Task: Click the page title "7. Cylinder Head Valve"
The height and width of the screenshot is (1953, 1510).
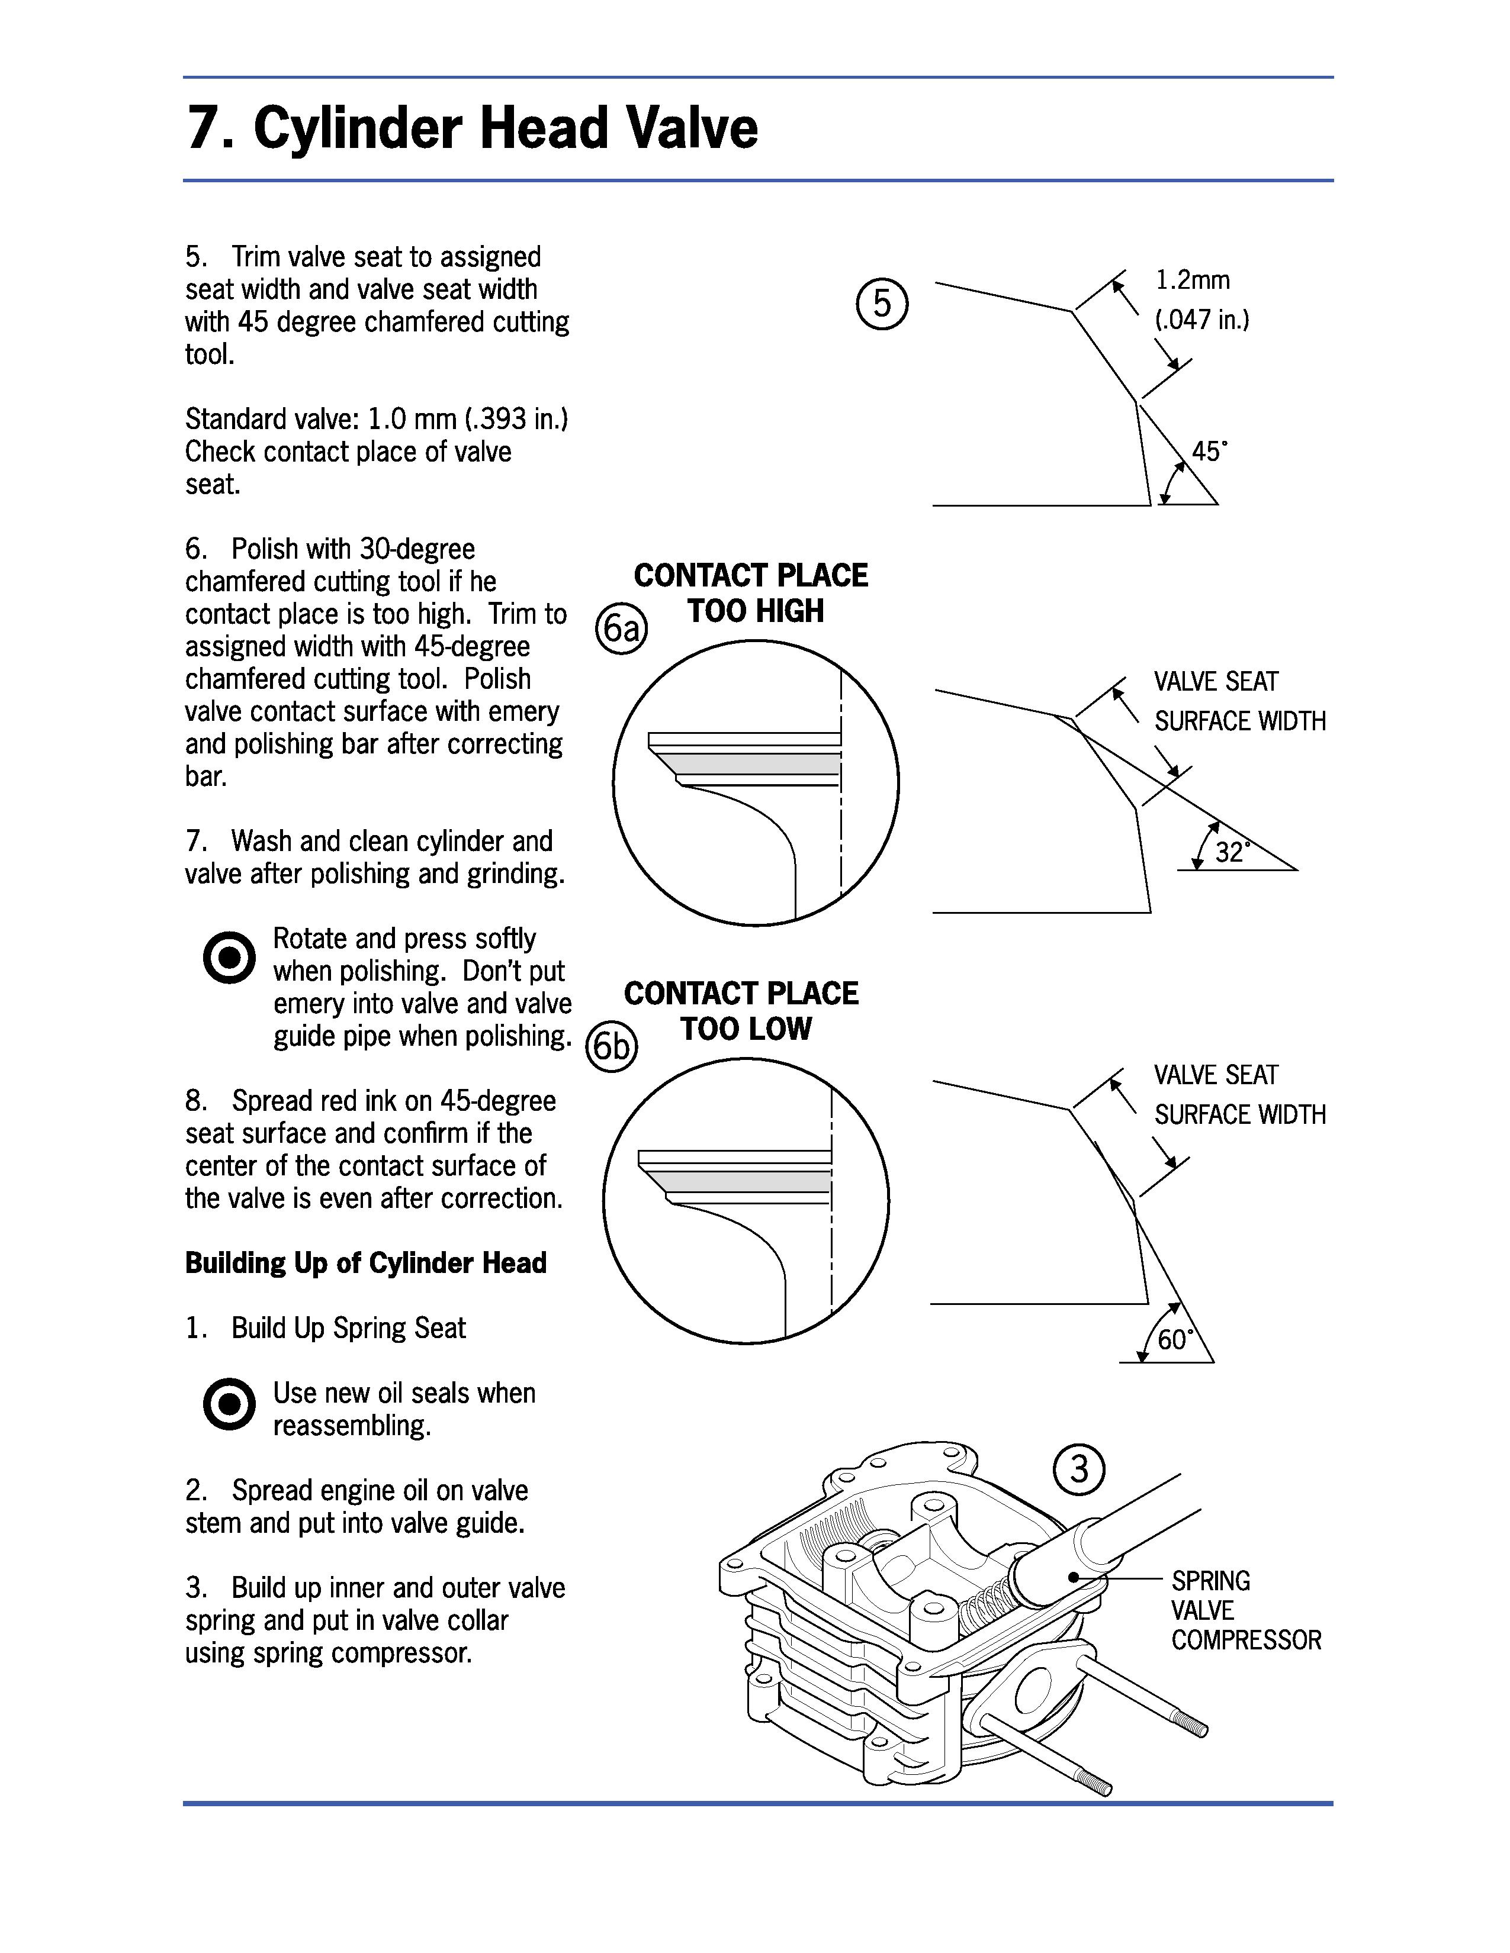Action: [471, 128]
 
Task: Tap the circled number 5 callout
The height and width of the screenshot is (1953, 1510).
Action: [882, 304]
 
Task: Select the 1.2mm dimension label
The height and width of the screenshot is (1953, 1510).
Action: [1193, 281]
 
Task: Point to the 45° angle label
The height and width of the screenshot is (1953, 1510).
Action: [1209, 452]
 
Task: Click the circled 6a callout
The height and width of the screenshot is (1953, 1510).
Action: [621, 629]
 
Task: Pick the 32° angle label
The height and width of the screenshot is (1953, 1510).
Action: [1232, 852]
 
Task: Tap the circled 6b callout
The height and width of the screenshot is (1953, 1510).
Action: [611, 1046]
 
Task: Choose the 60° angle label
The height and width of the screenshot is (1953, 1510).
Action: [1175, 1339]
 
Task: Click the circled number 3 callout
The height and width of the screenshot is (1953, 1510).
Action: [1079, 1469]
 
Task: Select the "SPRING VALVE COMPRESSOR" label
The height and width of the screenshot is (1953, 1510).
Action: [1245, 1610]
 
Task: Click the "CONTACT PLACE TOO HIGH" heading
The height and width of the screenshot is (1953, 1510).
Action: [750, 593]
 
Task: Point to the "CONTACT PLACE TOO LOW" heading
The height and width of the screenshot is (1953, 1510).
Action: [741, 1010]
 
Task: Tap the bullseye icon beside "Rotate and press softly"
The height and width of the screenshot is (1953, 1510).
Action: [229, 958]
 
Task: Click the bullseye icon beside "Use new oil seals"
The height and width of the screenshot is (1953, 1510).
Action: [229, 1404]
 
